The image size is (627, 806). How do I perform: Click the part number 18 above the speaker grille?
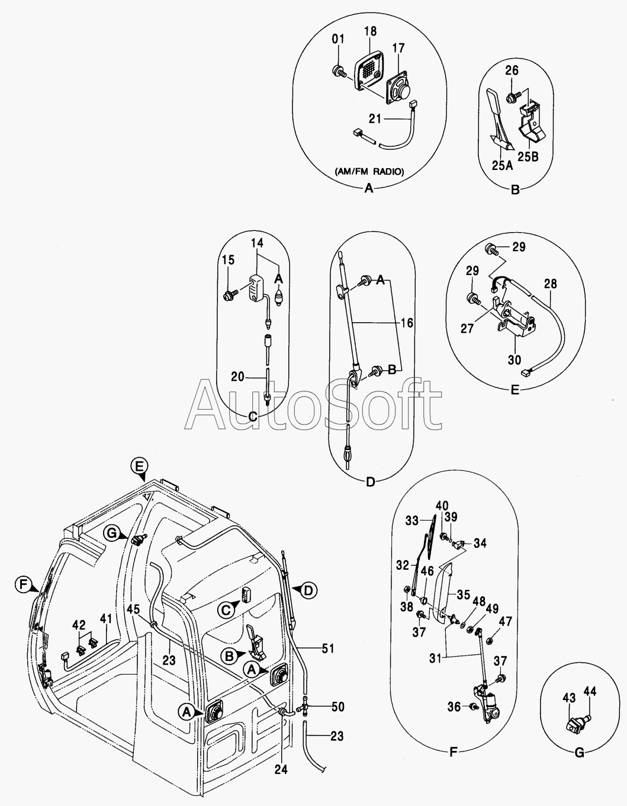click(371, 31)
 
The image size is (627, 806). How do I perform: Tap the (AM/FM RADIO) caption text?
click(369, 172)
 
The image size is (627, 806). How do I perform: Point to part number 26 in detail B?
click(512, 70)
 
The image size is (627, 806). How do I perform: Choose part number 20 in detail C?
click(237, 376)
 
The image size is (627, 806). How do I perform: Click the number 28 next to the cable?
click(550, 284)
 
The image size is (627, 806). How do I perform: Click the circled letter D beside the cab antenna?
click(308, 590)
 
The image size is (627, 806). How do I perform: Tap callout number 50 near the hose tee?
click(337, 707)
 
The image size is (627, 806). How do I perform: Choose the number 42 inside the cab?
click(79, 624)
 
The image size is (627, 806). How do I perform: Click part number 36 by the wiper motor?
click(454, 706)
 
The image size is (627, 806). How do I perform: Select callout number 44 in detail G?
click(590, 691)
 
